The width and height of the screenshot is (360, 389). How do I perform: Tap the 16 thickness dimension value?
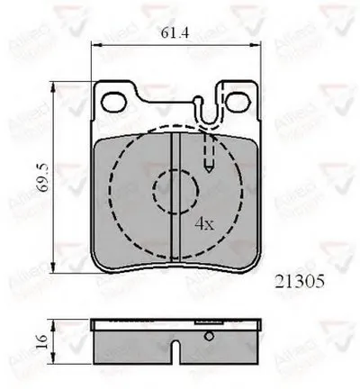40,340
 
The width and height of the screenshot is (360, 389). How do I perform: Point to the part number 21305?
294,281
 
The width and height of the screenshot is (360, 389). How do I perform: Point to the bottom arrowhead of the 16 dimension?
59,359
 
